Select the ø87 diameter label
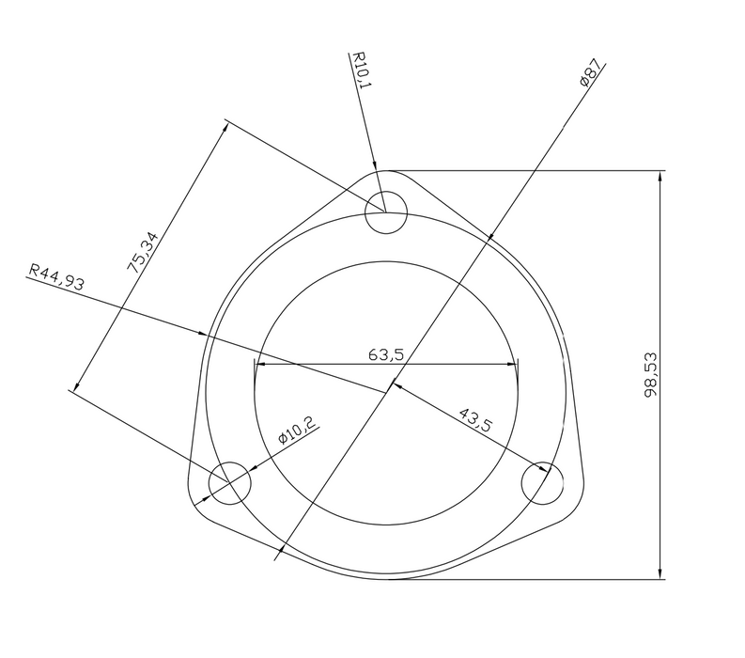(x=590, y=72)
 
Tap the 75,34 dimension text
(x=143, y=252)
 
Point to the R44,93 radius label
(x=57, y=276)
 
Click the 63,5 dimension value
(x=386, y=354)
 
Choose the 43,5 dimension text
(x=476, y=419)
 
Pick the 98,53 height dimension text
(x=651, y=374)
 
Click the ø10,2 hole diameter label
(x=297, y=430)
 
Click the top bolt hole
(x=386, y=212)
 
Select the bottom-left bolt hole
(x=229, y=483)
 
